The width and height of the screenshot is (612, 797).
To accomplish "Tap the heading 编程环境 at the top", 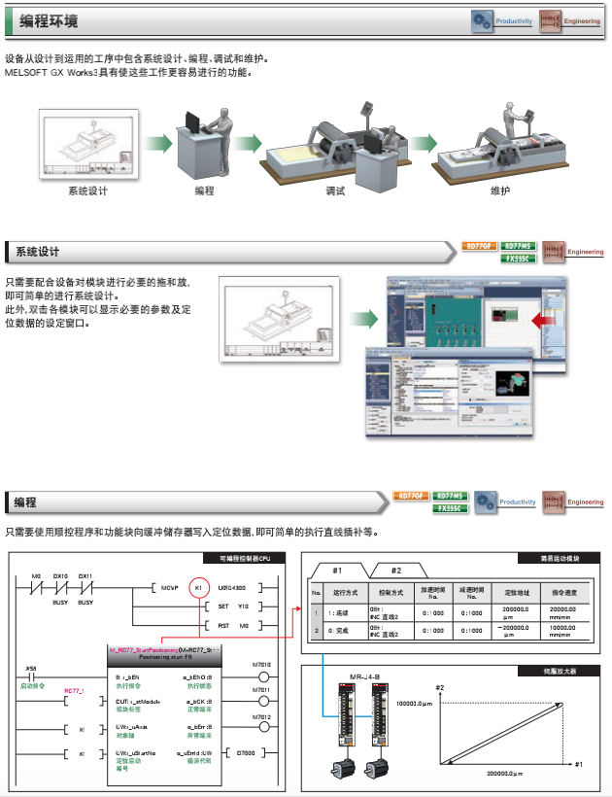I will click(x=48, y=21).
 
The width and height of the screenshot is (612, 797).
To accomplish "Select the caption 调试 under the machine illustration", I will click(x=335, y=191).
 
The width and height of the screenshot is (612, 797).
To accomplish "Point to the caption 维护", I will click(x=499, y=191).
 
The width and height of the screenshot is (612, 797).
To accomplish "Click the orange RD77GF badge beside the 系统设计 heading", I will click(x=479, y=246).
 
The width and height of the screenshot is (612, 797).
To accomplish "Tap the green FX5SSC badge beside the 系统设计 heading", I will click(x=519, y=259).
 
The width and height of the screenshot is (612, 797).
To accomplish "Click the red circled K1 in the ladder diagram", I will click(x=197, y=589).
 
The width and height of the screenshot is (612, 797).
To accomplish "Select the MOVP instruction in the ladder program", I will click(x=171, y=589).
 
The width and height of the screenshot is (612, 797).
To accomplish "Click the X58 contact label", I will click(x=30, y=668).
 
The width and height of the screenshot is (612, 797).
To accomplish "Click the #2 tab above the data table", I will click(x=395, y=571).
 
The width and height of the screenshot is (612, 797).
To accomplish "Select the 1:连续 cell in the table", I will click(x=342, y=612).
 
